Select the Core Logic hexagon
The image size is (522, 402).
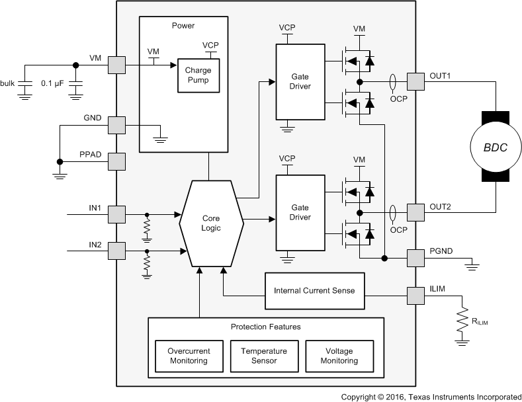click(x=212, y=223)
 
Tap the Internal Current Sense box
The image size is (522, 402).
click(x=314, y=291)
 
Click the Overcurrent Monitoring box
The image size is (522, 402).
click(x=189, y=356)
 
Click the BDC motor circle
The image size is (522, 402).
click(x=494, y=147)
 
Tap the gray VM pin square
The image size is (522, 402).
click(x=116, y=65)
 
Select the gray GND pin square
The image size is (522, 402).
click(x=116, y=125)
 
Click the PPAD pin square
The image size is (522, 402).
click(x=116, y=161)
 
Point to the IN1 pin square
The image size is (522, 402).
click(x=116, y=214)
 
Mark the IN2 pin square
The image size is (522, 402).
click(x=116, y=251)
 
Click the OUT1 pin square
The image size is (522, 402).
click(x=415, y=81)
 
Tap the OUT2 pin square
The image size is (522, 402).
click(x=415, y=212)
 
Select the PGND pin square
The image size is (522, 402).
click(x=415, y=258)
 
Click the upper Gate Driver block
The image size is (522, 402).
click(x=300, y=81)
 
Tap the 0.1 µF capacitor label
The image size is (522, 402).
click(x=53, y=83)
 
